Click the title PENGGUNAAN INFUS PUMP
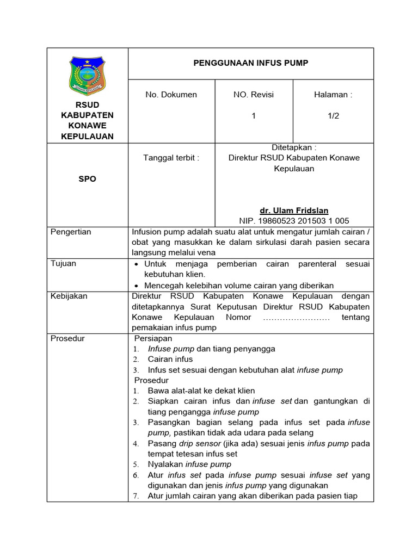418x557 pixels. (x=251, y=63)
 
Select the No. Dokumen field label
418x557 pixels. (x=171, y=95)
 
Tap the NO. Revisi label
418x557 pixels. (x=254, y=95)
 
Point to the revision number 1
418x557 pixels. (x=254, y=116)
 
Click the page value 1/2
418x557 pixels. (x=333, y=116)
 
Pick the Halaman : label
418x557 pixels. (x=333, y=95)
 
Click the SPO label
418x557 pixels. (x=87, y=179)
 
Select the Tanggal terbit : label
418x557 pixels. (x=171, y=158)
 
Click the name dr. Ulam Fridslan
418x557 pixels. (x=294, y=211)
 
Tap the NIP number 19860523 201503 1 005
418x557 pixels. (x=294, y=221)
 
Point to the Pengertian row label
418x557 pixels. (x=71, y=232)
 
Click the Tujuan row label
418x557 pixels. (x=64, y=264)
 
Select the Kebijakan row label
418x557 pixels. (x=69, y=296)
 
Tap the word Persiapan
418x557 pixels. (x=157, y=338)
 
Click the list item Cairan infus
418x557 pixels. (x=170, y=360)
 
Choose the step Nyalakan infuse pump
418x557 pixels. (x=189, y=465)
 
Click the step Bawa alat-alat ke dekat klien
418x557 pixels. (x=201, y=391)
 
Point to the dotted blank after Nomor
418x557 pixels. (x=297, y=317)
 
